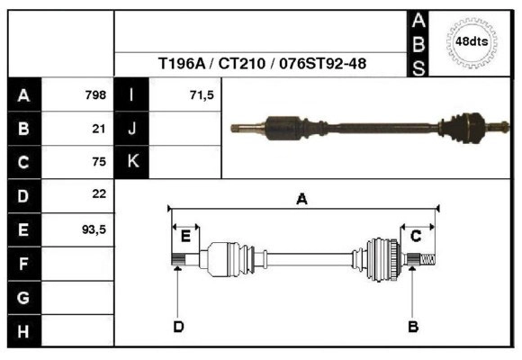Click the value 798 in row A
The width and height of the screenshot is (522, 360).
tap(95, 95)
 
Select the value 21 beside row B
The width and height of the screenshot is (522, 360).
tap(99, 129)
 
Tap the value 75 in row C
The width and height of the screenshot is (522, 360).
tap(99, 162)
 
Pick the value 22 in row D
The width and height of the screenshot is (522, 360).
tap(99, 193)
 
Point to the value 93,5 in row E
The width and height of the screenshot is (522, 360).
tap(94, 229)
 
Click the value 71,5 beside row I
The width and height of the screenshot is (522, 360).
tap(202, 95)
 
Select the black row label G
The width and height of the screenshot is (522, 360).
tap(24, 297)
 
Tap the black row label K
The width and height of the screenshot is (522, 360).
tap(132, 161)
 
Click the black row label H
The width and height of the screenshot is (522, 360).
tap(24, 331)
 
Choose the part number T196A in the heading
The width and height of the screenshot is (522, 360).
tap(182, 63)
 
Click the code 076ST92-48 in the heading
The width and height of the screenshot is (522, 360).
tap(322, 63)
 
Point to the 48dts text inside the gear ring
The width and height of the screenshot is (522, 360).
tap(472, 41)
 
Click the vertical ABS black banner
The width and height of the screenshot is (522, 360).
tap(418, 43)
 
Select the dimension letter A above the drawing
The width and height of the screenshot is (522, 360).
tap(301, 199)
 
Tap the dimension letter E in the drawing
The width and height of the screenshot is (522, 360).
tap(185, 237)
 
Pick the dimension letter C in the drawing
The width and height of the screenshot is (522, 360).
tap(416, 236)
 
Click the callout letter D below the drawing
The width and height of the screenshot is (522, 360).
tap(178, 327)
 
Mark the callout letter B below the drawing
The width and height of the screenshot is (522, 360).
tap(413, 327)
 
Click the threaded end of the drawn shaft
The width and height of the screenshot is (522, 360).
tap(427, 259)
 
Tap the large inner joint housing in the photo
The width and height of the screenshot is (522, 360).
tap(284, 129)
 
